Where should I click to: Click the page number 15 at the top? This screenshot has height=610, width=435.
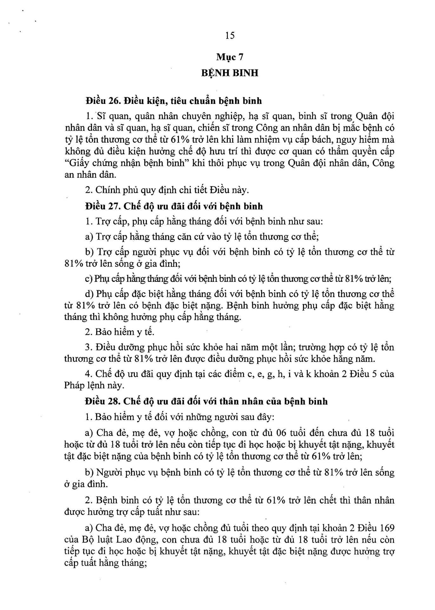[x=230, y=35]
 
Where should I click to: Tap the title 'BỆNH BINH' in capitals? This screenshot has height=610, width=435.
[x=230, y=73]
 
